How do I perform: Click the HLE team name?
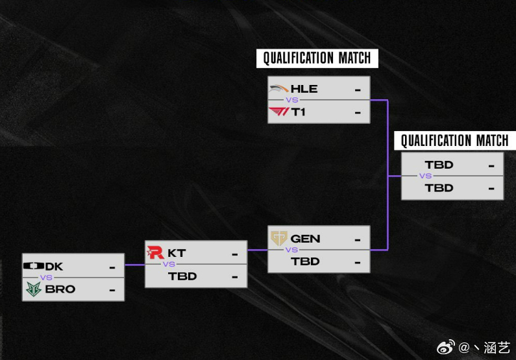(304, 89)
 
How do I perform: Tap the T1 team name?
(298, 112)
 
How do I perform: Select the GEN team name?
(306, 239)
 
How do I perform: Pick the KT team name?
(177, 253)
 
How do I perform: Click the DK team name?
(54, 267)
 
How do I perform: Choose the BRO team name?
(60, 289)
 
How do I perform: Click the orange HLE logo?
(279, 89)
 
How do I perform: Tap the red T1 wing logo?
(279, 112)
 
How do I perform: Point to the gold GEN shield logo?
(279, 238)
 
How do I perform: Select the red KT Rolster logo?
(155, 252)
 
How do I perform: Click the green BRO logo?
(34, 289)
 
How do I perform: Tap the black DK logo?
(34, 266)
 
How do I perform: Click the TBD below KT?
(182, 276)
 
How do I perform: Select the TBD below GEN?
(306, 261)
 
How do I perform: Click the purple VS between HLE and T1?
(292, 100)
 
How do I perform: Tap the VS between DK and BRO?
(46, 278)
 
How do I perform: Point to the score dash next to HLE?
(358, 90)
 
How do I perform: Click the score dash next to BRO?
(112, 290)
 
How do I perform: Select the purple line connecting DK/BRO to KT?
(134, 265)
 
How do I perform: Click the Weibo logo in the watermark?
(446, 347)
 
